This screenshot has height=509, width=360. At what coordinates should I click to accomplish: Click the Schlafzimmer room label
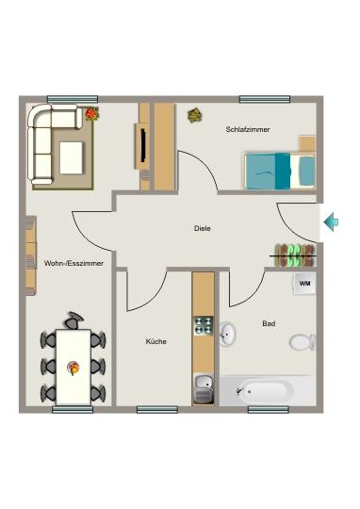point(248,129)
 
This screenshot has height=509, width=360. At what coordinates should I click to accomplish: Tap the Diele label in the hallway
point(203,228)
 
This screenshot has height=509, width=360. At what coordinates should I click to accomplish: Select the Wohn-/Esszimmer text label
point(74,263)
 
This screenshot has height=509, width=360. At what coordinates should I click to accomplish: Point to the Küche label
point(155,341)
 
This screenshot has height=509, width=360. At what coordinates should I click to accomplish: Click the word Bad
point(269,323)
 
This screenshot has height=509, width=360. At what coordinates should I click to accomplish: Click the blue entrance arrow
point(332,222)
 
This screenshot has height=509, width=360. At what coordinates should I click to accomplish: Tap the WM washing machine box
point(304,283)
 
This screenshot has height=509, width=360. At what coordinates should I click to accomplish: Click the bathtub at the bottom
point(268,390)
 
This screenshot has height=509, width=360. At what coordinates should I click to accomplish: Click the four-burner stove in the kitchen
point(203,325)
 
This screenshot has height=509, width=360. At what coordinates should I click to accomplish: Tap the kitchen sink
point(204,383)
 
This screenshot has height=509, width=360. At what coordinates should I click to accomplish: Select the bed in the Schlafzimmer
point(280,170)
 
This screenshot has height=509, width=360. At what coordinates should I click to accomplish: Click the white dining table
point(74,365)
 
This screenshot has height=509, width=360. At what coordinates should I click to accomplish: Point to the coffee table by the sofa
point(74,156)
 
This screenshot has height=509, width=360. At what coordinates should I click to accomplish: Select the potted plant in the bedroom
point(195,115)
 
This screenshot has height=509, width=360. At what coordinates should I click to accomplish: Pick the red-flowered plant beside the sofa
point(92,113)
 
